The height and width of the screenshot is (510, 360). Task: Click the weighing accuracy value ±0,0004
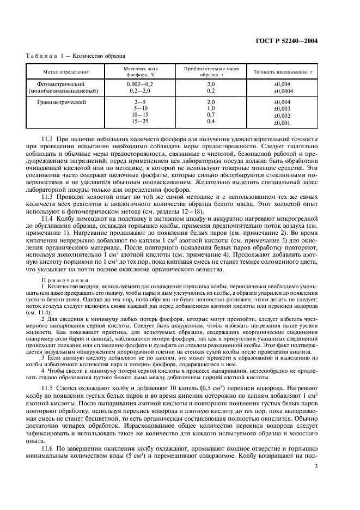282,91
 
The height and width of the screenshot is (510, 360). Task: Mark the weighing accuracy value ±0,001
282,122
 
